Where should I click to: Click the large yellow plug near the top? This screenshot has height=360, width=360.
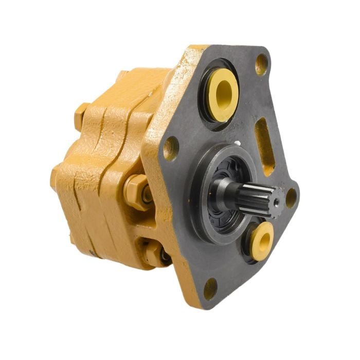(223, 95)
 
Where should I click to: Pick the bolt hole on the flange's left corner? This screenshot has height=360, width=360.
(170, 148)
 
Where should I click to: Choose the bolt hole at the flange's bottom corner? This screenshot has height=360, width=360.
(210, 289)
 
